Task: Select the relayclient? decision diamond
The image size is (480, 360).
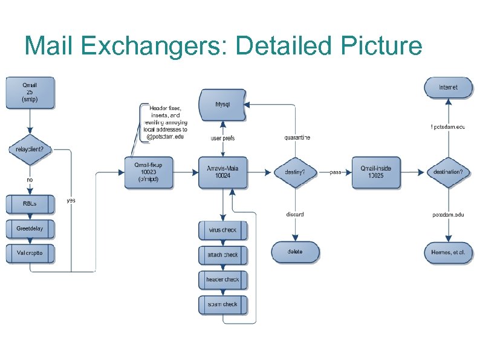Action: [30, 149]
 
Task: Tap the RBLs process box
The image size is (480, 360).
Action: [30, 204]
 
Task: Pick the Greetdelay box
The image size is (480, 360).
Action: [30, 229]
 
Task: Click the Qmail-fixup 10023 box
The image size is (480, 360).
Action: [148, 172]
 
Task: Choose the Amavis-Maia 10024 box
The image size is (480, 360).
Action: [222, 172]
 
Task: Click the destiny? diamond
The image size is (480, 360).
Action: [294, 172]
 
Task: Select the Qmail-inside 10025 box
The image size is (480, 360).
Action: [375, 172]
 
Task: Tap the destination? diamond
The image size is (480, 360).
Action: [448, 172]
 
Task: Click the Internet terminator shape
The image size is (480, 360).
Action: [448, 88]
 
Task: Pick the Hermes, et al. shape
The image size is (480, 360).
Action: [448, 252]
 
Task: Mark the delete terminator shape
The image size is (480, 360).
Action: [295, 252]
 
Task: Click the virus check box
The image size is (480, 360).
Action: [222, 231]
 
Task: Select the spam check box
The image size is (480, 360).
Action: [222, 304]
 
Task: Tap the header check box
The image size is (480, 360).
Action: [222, 280]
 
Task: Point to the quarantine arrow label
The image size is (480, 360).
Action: [297, 137]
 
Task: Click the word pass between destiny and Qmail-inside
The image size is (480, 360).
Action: [336, 172]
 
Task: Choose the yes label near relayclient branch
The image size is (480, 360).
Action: [71, 200]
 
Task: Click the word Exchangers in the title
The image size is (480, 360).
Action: [152, 46]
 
